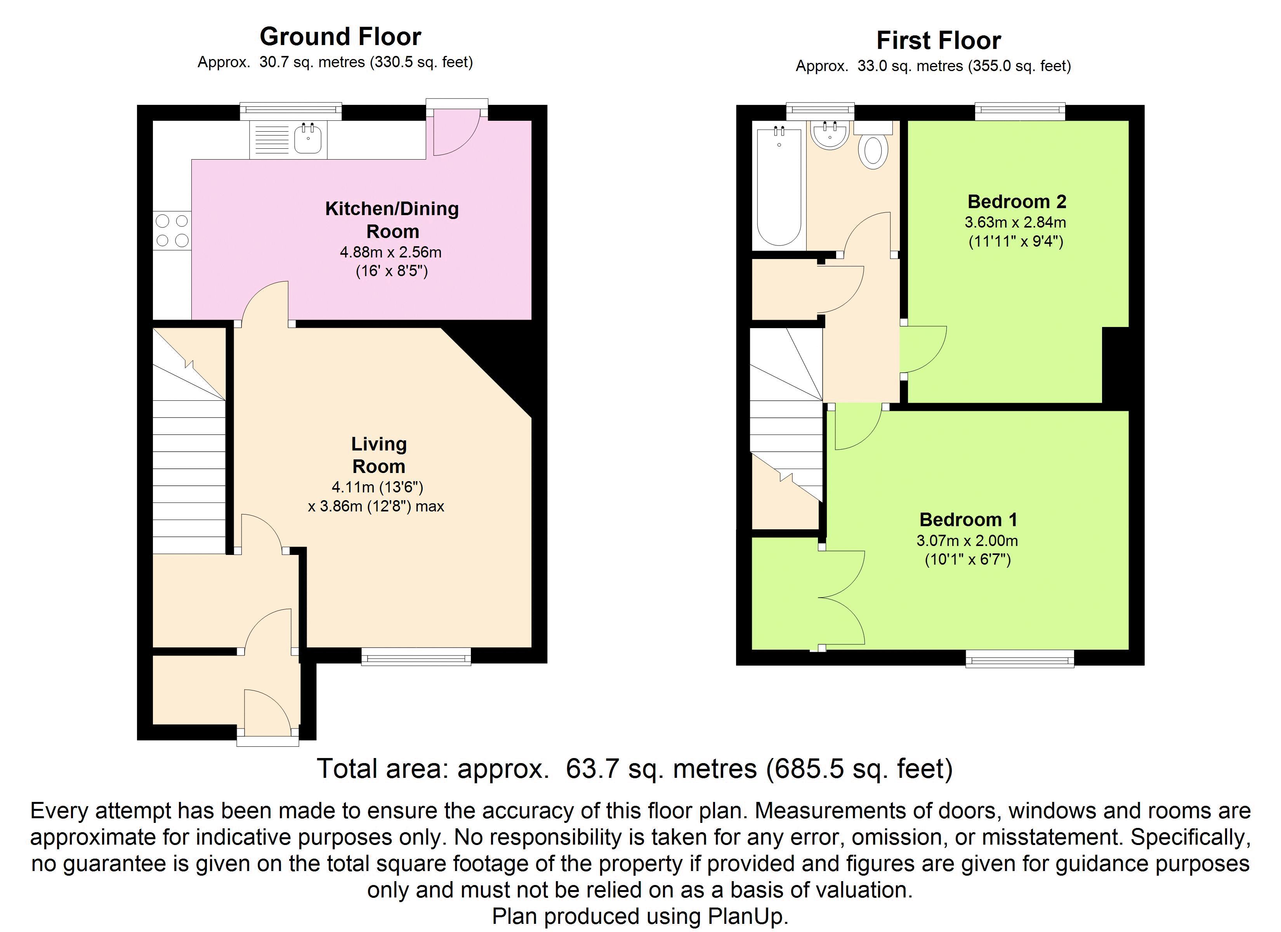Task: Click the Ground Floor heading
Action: (x=340, y=37)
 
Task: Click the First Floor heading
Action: (x=938, y=41)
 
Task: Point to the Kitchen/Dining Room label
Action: (x=392, y=220)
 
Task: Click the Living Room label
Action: (x=378, y=455)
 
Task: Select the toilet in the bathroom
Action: (x=873, y=146)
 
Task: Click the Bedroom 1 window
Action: (x=1019, y=659)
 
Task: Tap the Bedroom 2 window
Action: (x=1019, y=111)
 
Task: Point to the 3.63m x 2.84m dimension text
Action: (x=1015, y=222)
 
